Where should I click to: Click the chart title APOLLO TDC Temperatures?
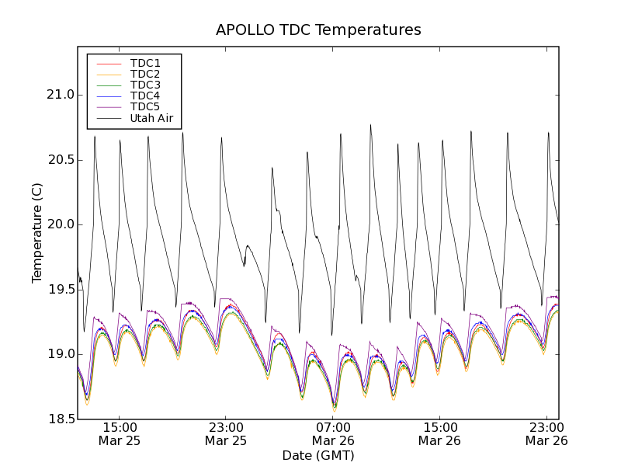click(x=318, y=30)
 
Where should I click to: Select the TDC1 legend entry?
click(x=145, y=63)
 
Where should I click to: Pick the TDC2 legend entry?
click(x=145, y=74)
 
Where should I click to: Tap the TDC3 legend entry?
click(x=145, y=85)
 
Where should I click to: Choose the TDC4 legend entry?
click(x=145, y=96)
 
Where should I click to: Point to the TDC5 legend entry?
click(x=145, y=106)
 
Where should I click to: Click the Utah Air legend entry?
click(x=151, y=118)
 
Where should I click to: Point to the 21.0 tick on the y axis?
click(x=59, y=95)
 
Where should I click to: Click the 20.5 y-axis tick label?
click(x=59, y=160)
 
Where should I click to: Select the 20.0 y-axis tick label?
click(x=59, y=224)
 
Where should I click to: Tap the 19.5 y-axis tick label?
click(x=59, y=290)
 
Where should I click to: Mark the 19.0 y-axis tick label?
click(x=59, y=354)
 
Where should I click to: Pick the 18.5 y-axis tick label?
click(x=59, y=419)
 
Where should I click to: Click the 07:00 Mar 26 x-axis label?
click(x=332, y=434)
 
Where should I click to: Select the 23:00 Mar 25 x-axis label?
click(x=226, y=434)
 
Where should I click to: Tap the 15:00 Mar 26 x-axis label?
click(x=439, y=434)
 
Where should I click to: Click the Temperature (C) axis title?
click(x=37, y=233)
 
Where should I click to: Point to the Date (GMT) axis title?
click(x=318, y=455)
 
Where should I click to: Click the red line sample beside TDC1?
click(x=108, y=63)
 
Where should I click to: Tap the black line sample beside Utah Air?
click(x=108, y=118)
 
